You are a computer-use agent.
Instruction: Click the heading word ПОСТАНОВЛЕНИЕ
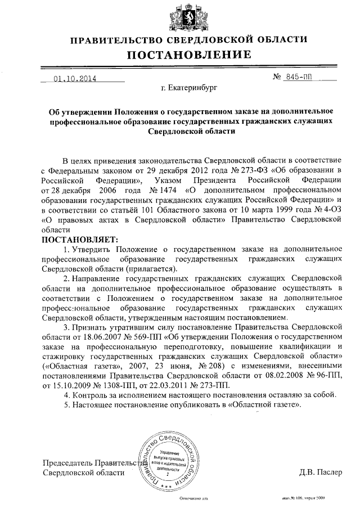pos(188,55)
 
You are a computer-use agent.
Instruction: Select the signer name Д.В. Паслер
pos(321,472)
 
